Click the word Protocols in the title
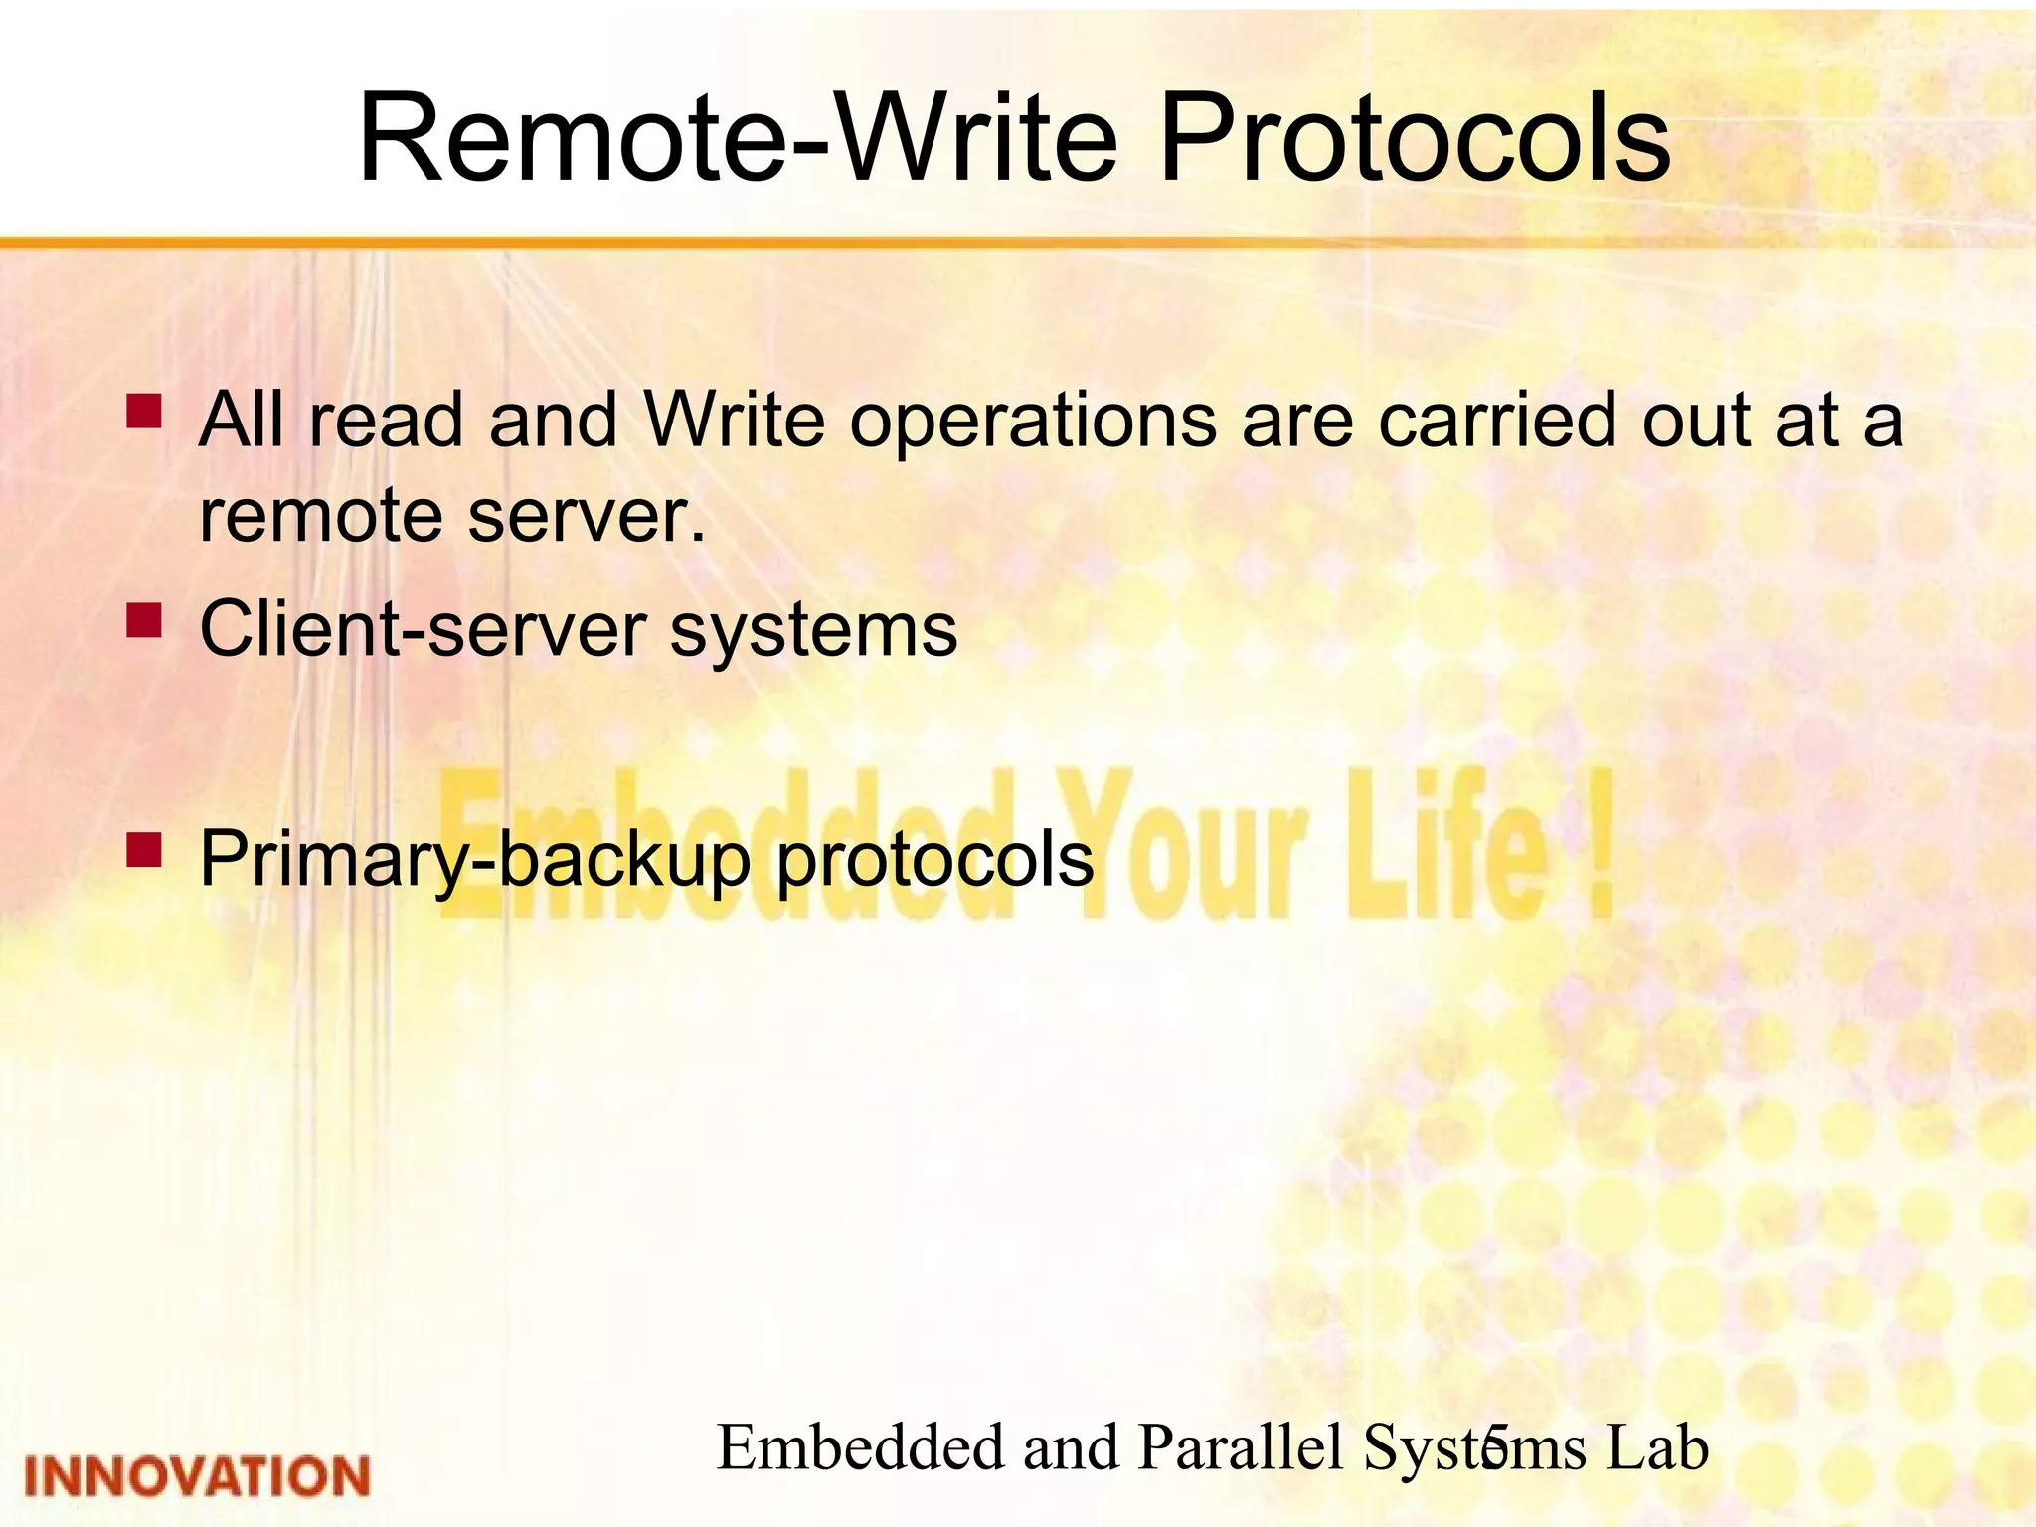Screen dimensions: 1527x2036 coord(1414,139)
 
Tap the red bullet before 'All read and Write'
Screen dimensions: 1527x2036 coord(145,411)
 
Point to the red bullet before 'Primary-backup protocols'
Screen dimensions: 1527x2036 coord(145,851)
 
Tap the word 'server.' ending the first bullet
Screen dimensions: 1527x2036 coord(587,517)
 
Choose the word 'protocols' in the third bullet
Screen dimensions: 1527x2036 coord(934,861)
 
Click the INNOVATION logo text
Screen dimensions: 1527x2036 coord(197,1476)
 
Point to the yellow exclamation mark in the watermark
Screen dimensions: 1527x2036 coord(1599,845)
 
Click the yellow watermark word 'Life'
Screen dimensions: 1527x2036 coord(1446,845)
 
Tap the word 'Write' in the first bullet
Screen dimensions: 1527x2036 coord(734,421)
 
